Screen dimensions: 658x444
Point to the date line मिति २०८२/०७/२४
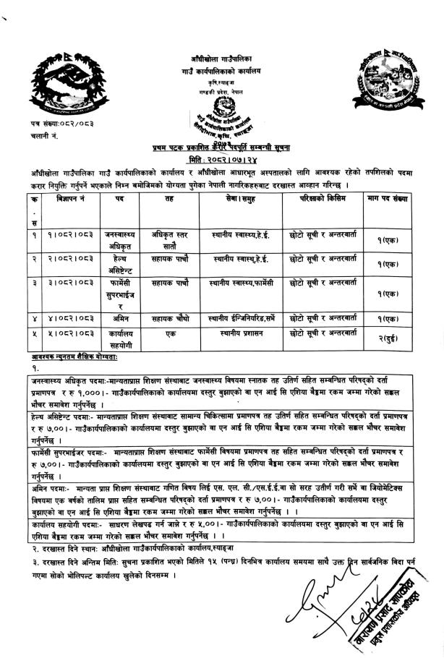pos(221,158)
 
